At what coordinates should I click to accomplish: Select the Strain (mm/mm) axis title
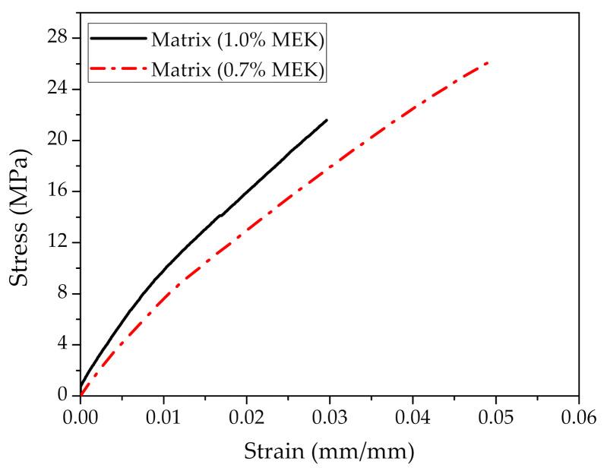329,451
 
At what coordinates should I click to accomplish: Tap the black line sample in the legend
118,37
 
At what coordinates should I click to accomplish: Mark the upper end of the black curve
327,119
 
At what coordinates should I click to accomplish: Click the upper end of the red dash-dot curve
488,62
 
